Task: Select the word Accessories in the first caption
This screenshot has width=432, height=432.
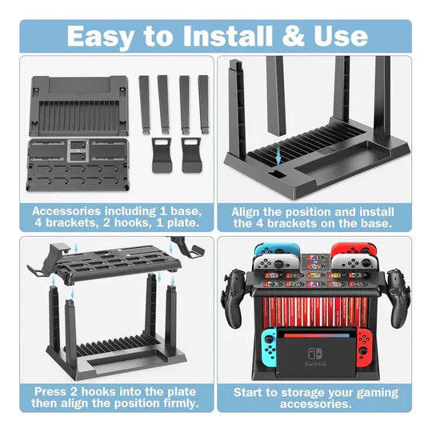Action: pos(73,211)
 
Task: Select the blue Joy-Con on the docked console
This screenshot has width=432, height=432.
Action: pos(264,342)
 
